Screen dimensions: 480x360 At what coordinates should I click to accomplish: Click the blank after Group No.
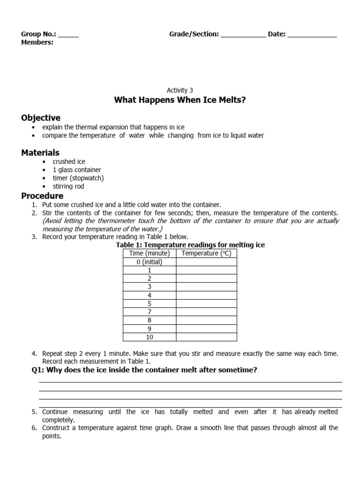[68, 35]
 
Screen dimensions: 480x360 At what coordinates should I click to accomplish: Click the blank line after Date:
[312, 35]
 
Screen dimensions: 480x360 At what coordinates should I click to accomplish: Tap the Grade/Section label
[194, 34]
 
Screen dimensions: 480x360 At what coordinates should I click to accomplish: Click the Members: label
[37, 43]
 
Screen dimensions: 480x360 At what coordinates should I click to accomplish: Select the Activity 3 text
[180, 90]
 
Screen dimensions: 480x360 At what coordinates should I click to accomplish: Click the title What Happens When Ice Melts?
[180, 100]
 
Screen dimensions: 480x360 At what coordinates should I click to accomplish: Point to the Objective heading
[41, 118]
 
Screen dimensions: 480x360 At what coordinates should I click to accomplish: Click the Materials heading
[40, 152]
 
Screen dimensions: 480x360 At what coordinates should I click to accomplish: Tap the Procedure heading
[42, 195]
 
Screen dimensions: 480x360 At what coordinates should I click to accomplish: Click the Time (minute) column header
[150, 254]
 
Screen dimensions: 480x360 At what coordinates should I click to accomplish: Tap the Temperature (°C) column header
[206, 254]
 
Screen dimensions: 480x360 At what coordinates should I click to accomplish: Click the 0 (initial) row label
[150, 262]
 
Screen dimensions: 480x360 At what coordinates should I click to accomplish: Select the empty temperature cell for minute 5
[206, 303]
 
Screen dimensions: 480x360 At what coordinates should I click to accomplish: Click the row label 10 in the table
[150, 337]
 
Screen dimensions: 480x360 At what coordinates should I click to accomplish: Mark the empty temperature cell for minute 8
[206, 320]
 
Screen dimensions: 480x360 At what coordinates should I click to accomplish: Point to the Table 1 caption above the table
[190, 245]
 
